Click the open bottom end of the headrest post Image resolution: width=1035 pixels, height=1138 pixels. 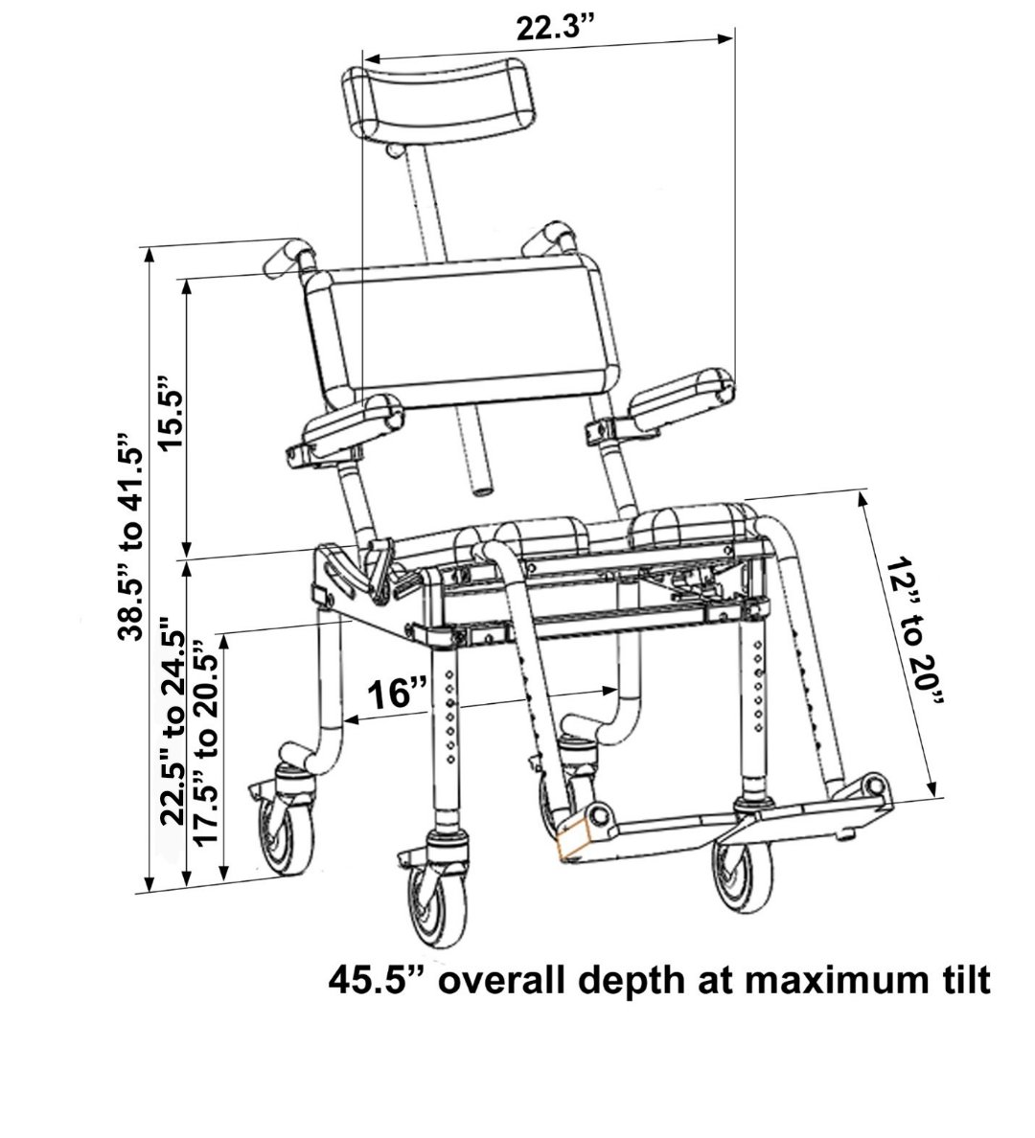click(x=482, y=491)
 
